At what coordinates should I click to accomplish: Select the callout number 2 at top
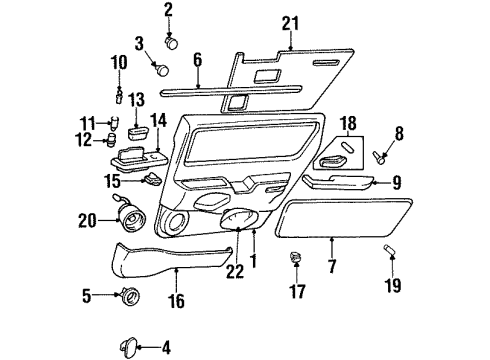[168, 10]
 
